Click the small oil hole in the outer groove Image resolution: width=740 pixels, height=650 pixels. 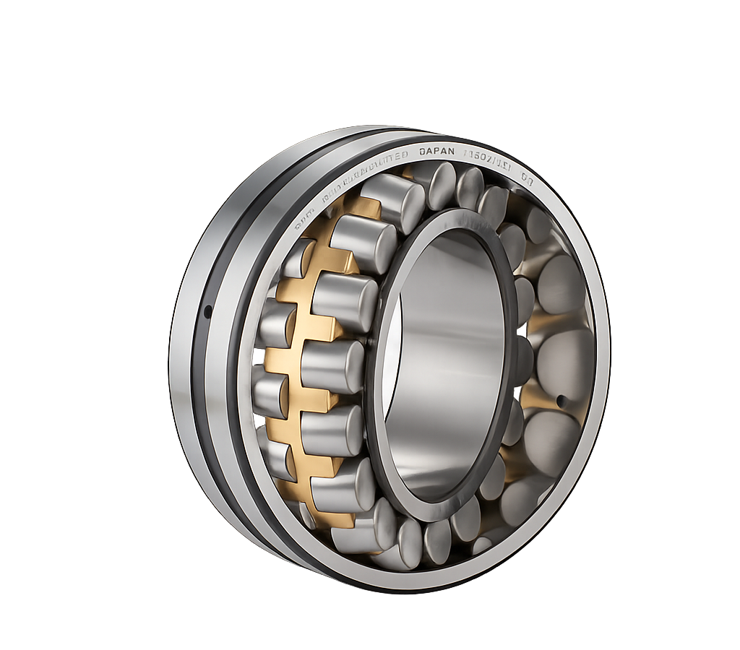pos(207,311)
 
